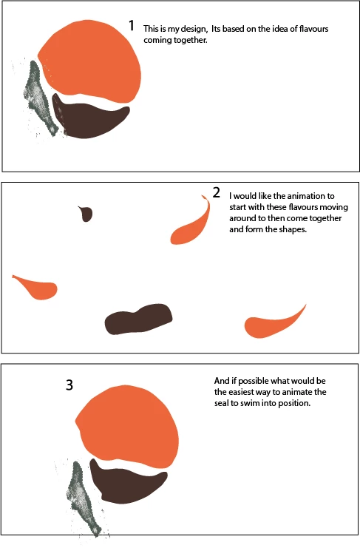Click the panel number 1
click(x=132, y=25)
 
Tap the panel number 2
click(x=217, y=192)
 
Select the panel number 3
click(x=69, y=385)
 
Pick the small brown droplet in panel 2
click(x=86, y=214)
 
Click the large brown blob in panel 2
click(x=139, y=319)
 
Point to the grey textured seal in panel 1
click(x=39, y=97)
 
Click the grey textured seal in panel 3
click(x=83, y=497)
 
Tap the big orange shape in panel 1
click(x=92, y=62)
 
